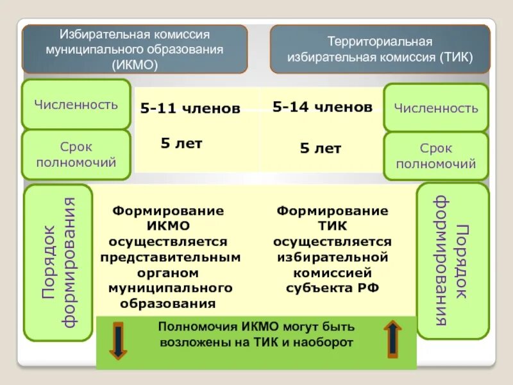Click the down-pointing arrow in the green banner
(119, 341)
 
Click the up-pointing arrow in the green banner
(392, 339)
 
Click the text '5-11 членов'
(190, 109)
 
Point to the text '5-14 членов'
(322, 107)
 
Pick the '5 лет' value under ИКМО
(181, 144)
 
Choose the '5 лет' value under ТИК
(321, 149)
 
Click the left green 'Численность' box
(76, 105)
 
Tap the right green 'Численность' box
(436, 108)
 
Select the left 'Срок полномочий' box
(76, 155)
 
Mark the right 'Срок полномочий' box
(436, 156)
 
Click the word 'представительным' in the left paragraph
(170, 257)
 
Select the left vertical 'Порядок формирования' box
(58, 262)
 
